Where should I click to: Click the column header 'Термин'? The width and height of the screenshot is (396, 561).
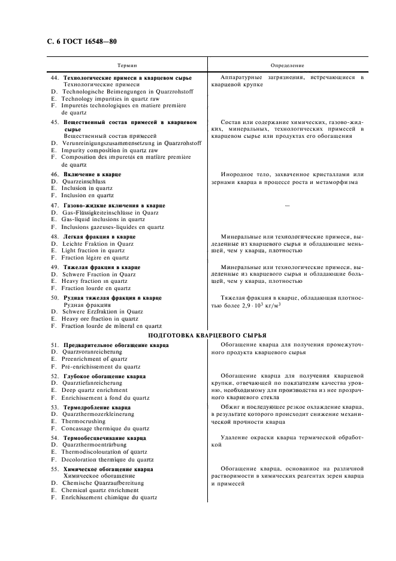pyautogui.click(x=126, y=65)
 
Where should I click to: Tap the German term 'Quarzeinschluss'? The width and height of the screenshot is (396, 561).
pyautogui.click(x=83, y=181)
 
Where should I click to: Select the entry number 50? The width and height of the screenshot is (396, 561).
pyautogui.click(x=55, y=297)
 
